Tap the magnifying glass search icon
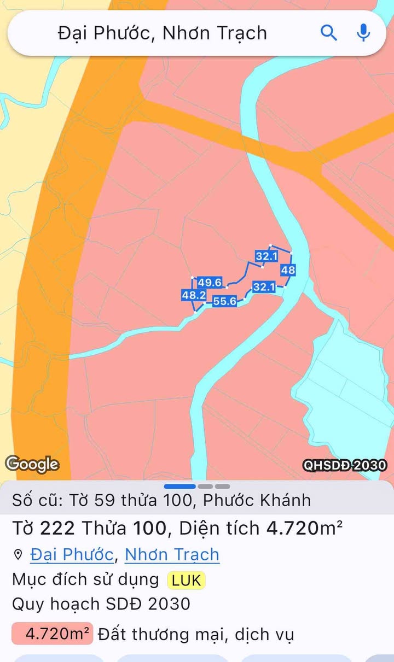pos(328,33)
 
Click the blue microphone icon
pos(363,33)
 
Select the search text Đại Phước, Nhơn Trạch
pos(163,33)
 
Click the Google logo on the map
pos(32,465)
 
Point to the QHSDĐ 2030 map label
pos(345,465)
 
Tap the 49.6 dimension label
pos(210,282)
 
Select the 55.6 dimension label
pos(224,301)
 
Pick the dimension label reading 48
pos(288,270)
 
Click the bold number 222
pos(57,528)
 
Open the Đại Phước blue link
pos(72,554)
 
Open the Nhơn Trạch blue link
pos(172,554)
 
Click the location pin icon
pos(18,555)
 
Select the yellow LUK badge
pos(186,580)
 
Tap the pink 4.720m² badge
pos(53,634)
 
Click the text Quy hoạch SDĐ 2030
pos(101,604)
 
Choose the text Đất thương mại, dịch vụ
pos(195,635)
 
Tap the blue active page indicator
pos(179,486)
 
